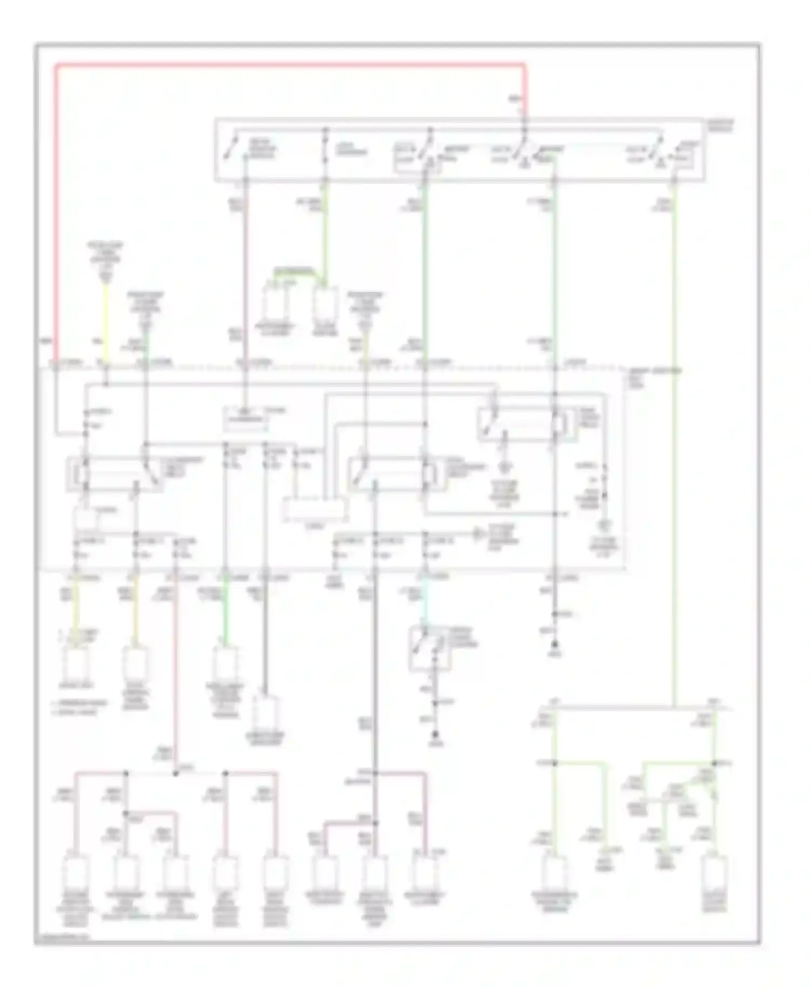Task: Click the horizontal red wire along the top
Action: (x=292, y=65)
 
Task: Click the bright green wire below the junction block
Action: (x=226, y=616)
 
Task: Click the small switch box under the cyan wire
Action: (x=429, y=648)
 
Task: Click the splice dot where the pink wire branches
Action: (x=175, y=773)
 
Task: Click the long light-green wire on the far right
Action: (x=673, y=432)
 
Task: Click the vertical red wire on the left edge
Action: (x=56, y=216)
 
